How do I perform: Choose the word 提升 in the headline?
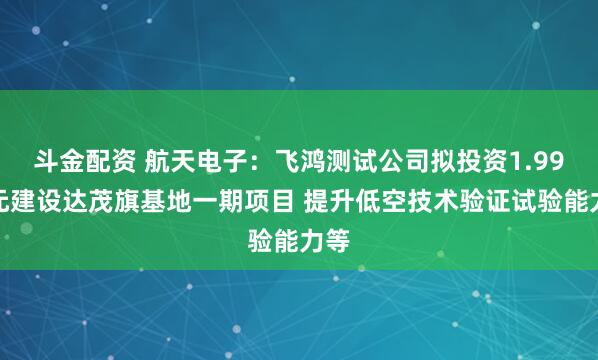point(333,190)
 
